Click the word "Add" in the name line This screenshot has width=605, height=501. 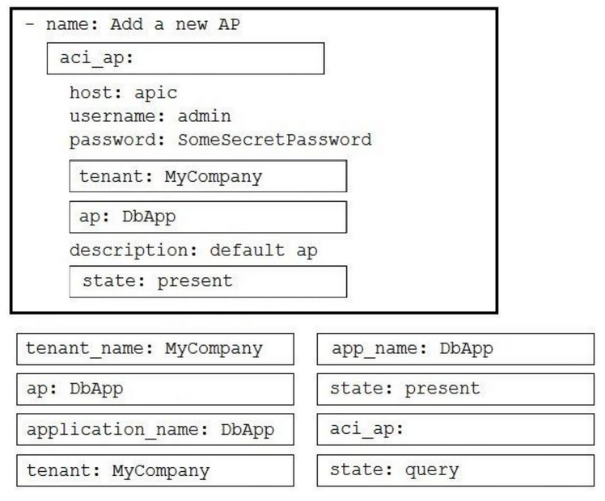point(126,24)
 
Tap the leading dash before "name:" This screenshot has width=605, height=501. point(29,24)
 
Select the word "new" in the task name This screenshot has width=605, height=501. point(192,25)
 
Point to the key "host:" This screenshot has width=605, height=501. point(95,93)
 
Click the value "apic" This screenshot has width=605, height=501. point(156,94)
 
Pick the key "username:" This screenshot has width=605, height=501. point(117,116)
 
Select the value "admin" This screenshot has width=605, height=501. point(205,116)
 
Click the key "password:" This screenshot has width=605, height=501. point(117,141)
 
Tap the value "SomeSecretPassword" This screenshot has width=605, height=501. point(275,140)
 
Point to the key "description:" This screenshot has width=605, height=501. point(133,250)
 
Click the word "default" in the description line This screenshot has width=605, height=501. point(247,250)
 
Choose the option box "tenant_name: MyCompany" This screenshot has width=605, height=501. point(155,349)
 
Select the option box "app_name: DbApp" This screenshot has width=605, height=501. point(455,349)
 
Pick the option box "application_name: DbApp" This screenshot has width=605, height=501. point(155,430)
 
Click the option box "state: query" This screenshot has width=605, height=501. point(455,470)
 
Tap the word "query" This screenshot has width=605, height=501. point(432,471)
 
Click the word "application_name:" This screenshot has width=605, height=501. point(117,430)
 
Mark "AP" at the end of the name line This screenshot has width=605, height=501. point(229,24)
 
